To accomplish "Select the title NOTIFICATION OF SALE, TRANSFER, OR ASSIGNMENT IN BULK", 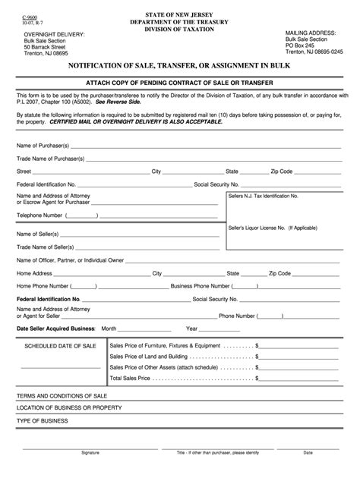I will click(179, 67).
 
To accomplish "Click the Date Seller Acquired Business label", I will click(56, 329).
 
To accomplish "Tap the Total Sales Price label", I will click(135, 376).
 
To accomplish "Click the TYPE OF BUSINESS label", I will click(40, 420).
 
